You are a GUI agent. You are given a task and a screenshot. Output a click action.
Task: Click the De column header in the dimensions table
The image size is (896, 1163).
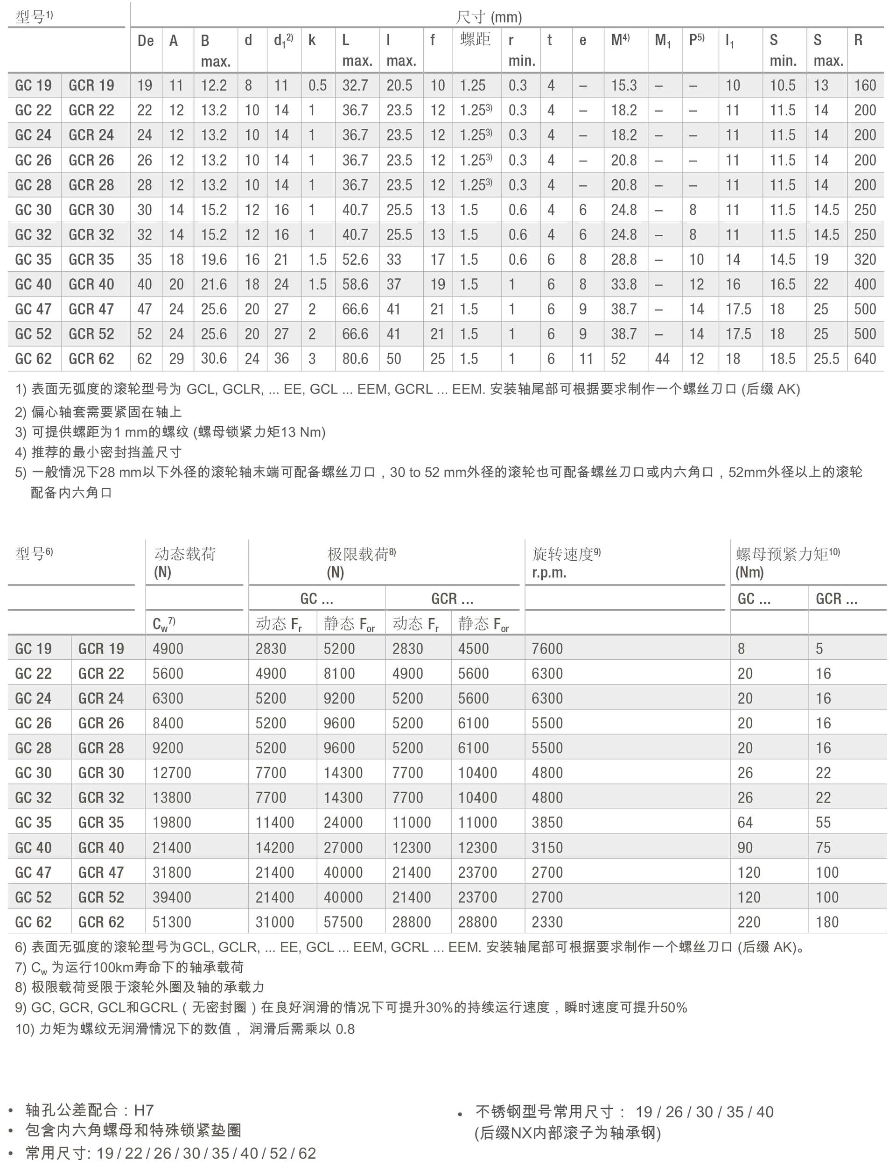145,41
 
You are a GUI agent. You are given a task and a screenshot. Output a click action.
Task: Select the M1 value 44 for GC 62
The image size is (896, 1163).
662,359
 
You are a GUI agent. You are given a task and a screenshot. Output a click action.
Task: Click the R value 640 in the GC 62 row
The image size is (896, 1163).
865,359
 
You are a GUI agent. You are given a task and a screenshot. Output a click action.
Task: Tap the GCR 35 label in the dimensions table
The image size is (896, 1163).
91,259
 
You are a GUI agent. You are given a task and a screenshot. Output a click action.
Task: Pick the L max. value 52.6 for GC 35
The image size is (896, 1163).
355,259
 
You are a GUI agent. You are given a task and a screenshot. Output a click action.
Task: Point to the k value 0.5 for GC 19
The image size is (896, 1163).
317,85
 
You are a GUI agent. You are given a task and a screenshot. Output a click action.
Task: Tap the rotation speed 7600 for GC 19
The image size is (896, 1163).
547,648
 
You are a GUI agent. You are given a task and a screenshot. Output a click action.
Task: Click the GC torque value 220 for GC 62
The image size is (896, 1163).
749,922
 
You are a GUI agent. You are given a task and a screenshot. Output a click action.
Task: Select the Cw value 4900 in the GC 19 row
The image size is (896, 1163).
168,648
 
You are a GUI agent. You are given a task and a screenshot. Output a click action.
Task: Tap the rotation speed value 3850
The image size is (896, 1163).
547,822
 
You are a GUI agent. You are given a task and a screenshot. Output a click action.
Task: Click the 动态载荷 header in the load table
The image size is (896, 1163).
185,554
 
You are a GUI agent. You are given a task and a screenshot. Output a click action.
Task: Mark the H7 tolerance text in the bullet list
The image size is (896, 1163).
143,1110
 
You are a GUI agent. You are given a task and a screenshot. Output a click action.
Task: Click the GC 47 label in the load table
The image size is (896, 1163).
33,872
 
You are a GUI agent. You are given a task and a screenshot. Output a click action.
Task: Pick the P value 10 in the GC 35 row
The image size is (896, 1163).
696,259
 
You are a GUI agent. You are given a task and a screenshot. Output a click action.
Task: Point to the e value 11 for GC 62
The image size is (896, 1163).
586,359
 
